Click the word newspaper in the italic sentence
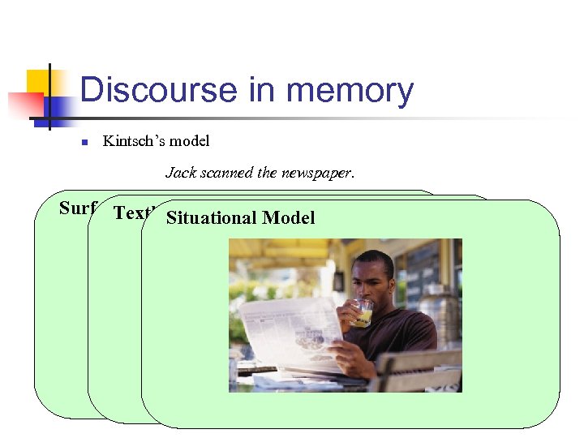(x=321, y=172)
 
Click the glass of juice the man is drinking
(x=364, y=313)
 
